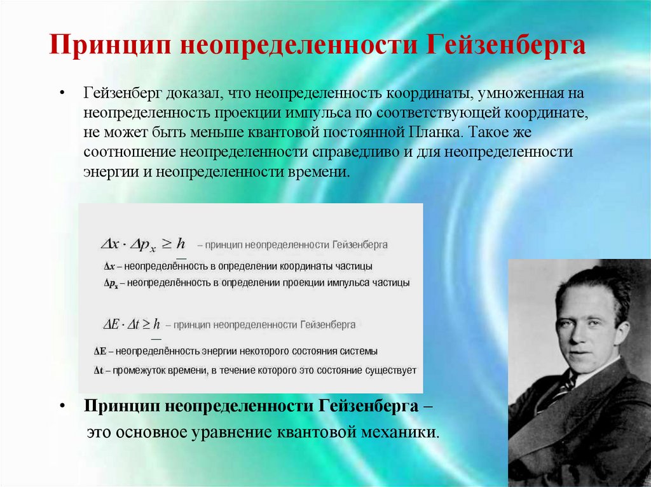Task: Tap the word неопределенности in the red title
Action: pyautogui.click(x=297, y=46)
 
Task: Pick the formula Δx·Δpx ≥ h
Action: pyautogui.click(x=142, y=243)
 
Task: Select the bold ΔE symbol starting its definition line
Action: pyautogui.click(x=99, y=351)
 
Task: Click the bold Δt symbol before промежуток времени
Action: pyautogui.click(x=99, y=370)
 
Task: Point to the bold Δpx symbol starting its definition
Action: pyautogui.click(x=111, y=283)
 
